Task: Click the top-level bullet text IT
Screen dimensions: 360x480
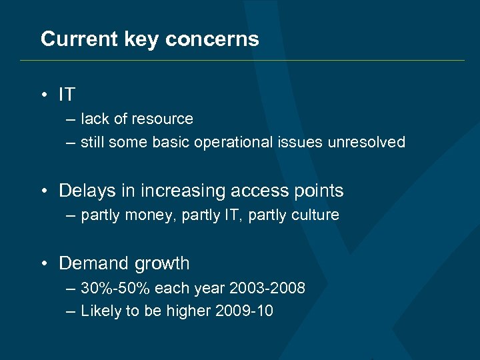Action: point(67,95)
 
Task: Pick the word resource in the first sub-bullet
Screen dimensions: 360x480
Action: point(163,119)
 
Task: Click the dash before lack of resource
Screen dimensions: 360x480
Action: point(71,120)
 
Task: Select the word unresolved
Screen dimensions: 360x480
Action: point(366,142)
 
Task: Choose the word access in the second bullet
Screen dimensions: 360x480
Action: point(257,191)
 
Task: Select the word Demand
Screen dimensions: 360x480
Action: point(91,264)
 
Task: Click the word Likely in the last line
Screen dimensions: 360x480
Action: point(99,311)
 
